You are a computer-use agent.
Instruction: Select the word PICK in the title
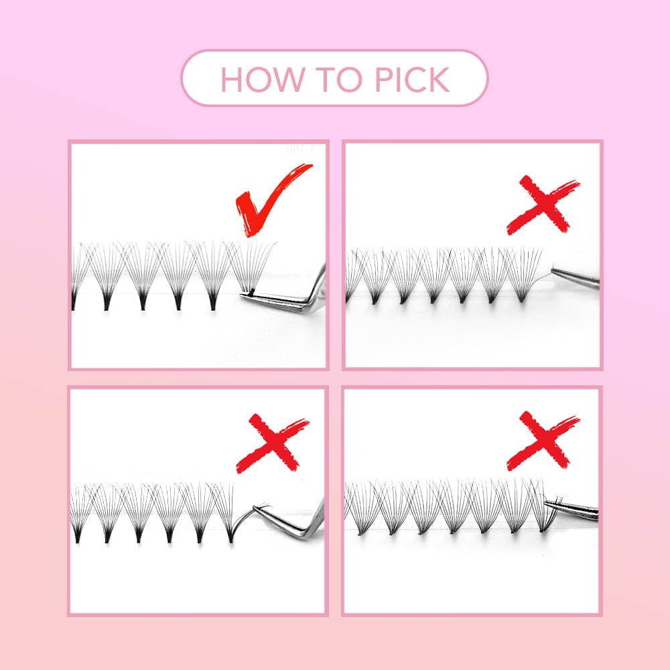(412, 80)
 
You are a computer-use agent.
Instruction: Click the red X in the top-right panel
(543, 205)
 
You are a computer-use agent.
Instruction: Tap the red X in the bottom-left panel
(272, 443)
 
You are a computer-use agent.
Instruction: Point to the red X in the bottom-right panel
(543, 441)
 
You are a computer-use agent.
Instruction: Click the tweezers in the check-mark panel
(291, 297)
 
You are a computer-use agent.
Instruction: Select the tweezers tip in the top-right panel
(553, 269)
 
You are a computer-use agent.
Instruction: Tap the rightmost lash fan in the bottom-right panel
(541, 506)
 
